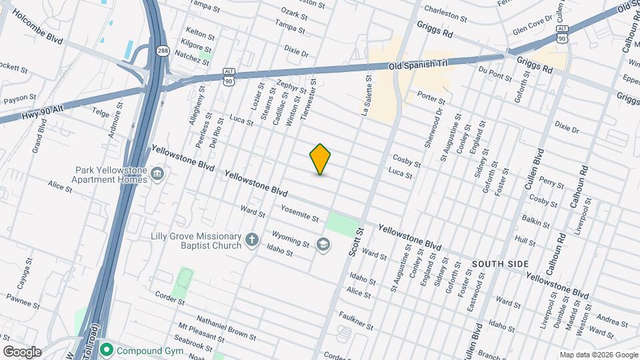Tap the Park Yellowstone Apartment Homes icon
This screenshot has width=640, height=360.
pos(157,174)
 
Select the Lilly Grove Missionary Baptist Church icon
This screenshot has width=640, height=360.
pos(251,239)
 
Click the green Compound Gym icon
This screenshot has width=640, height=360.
pos(105,349)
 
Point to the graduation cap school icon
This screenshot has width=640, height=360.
pos(323,245)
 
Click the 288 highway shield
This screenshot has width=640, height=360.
pos(163,51)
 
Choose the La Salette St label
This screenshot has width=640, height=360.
pos(367,93)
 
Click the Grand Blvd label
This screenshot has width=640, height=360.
pos(37,135)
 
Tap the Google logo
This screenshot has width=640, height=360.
pos(22,351)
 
